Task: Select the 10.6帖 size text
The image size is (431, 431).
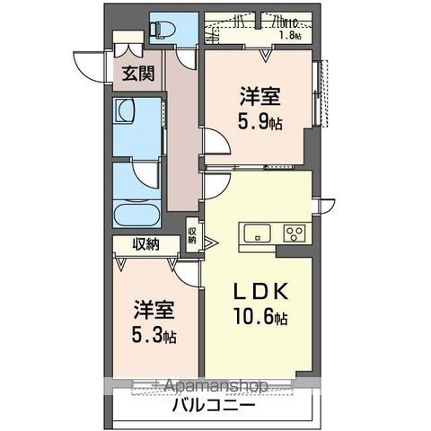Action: tap(261, 319)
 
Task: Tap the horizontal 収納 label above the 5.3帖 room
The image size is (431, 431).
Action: tap(146, 243)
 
